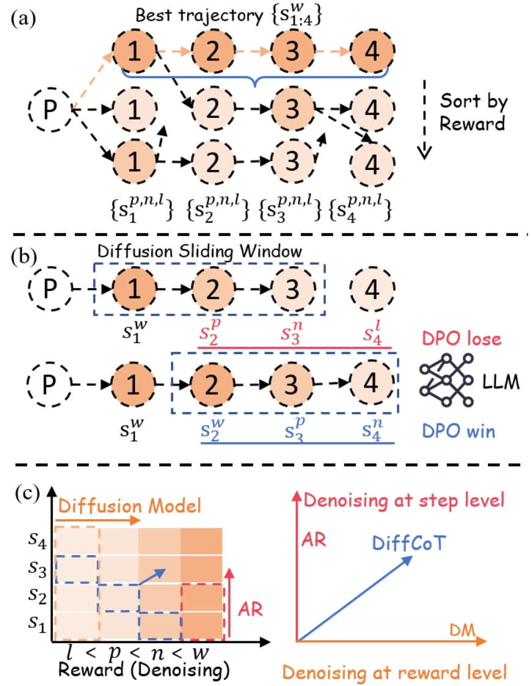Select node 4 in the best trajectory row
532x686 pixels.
tap(371, 50)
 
